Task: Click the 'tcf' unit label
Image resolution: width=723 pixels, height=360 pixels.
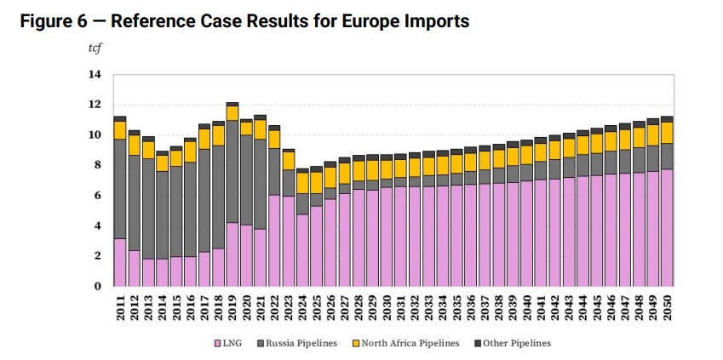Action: (x=95, y=48)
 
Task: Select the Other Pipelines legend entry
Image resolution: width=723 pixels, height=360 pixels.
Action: (x=514, y=343)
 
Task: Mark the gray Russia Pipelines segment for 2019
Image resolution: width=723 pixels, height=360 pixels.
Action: (x=232, y=171)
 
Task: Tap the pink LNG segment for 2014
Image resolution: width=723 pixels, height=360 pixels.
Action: (x=163, y=272)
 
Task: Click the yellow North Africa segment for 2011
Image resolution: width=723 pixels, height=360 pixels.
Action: (x=120, y=129)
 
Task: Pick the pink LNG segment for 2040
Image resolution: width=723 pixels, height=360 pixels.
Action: (x=527, y=233)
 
